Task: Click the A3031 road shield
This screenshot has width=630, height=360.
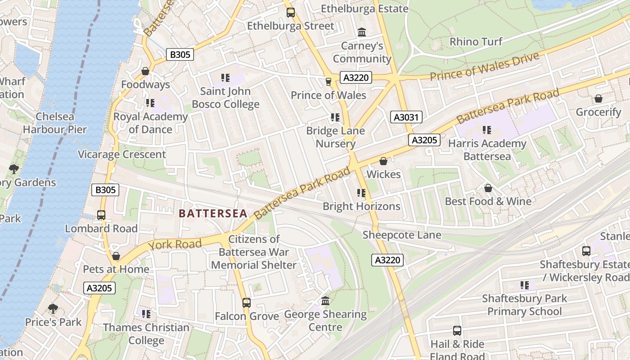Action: click(406, 117)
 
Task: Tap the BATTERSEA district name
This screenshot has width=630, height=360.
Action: click(213, 213)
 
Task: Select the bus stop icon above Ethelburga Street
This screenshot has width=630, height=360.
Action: click(291, 13)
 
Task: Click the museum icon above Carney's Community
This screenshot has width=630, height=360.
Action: click(362, 32)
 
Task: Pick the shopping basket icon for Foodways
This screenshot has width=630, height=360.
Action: click(145, 71)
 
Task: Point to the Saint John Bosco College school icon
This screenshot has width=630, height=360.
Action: click(225, 78)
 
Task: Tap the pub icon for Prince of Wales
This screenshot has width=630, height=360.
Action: click(328, 81)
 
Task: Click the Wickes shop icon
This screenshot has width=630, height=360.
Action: click(383, 161)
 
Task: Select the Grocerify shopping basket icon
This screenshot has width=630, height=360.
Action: click(598, 99)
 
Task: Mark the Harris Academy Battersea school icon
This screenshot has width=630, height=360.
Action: click(487, 130)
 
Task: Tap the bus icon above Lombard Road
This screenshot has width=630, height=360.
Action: click(101, 215)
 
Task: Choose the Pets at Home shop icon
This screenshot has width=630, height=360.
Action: click(116, 256)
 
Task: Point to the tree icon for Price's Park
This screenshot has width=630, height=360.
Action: click(53, 309)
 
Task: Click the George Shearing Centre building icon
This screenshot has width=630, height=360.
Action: click(325, 301)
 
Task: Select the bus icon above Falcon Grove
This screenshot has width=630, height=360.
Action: click(246, 303)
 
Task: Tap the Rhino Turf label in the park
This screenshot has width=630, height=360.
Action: click(476, 42)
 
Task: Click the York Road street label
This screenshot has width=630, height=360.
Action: click(175, 244)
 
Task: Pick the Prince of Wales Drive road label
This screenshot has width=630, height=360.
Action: click(484, 67)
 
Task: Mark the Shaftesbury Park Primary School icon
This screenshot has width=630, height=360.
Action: click(524, 285)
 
